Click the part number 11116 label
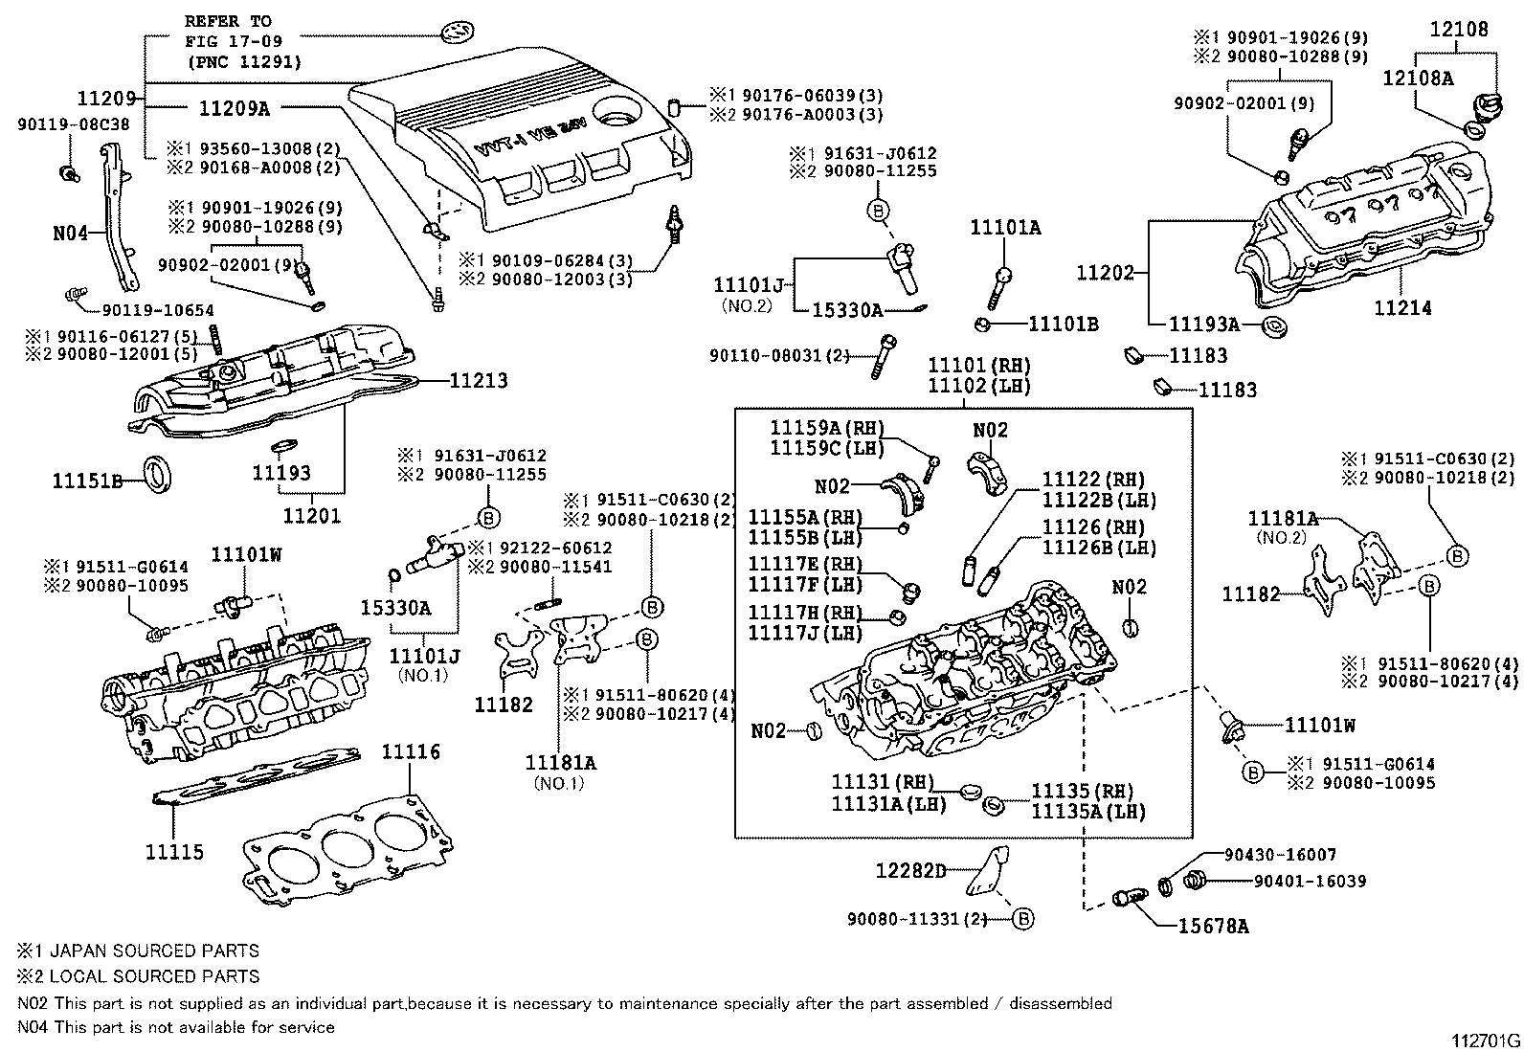(x=411, y=751)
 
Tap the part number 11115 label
(x=174, y=851)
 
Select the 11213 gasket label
(x=479, y=380)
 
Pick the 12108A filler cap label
(x=1417, y=78)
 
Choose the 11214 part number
(x=1403, y=307)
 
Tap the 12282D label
(x=911, y=870)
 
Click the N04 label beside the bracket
(x=71, y=232)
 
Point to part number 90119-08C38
(x=75, y=123)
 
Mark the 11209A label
(x=235, y=108)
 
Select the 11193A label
(x=1203, y=325)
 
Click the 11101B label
(x=1063, y=324)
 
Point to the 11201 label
(x=312, y=516)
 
